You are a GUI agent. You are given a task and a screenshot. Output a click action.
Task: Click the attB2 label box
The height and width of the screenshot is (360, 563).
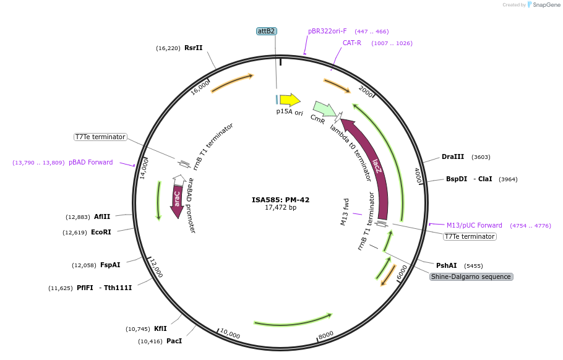coord(266,31)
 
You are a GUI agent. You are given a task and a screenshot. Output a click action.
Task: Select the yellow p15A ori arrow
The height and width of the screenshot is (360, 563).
coord(290,100)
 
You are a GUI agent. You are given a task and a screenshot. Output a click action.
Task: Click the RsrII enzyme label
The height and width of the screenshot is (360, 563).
coord(193,48)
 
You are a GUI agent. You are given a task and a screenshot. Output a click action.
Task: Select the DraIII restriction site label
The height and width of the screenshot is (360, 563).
coord(452,157)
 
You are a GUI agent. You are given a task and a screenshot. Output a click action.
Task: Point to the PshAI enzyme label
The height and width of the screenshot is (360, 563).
coord(446,265)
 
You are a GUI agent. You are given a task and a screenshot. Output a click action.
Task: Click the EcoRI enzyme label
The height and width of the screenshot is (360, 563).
coord(101,233)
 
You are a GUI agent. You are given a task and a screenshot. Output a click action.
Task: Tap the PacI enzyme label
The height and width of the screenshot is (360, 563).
coord(174,341)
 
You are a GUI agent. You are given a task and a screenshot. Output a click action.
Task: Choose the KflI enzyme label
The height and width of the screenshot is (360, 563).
coord(160,329)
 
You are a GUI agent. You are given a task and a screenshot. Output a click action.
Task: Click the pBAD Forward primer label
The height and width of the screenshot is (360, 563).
coord(91,163)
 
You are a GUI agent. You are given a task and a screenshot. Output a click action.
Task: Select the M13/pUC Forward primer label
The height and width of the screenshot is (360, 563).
coord(474,226)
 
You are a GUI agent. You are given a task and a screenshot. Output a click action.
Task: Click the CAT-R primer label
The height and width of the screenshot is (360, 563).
coord(352,43)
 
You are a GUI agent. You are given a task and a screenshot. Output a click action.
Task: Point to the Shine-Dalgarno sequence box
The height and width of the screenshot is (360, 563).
coord(471,276)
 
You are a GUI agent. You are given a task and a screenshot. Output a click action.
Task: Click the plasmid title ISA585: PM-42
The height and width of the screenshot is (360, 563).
coord(280,200)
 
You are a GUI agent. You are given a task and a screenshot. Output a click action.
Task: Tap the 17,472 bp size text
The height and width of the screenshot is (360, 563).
coord(280,208)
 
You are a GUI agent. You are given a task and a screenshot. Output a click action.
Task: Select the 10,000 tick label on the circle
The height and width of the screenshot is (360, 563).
coord(230,334)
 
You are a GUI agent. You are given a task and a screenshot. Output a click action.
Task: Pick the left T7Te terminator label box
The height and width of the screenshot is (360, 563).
coord(100,137)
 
